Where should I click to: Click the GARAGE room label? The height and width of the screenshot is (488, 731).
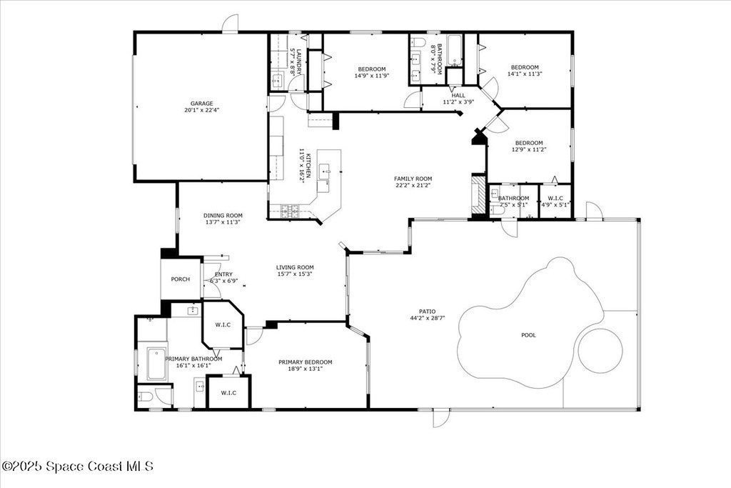201,104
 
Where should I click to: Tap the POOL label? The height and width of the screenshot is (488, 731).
528,335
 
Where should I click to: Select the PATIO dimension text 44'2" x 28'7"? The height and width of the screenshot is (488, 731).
428,318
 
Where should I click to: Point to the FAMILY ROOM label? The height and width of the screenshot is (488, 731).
413,179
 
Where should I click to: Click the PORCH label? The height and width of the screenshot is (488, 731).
181,279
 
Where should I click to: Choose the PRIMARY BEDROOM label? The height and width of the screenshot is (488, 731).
306,362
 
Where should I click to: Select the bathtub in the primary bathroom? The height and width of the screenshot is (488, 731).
156,364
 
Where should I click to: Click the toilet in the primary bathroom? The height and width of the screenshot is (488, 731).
146,397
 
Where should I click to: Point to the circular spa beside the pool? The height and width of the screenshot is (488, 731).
600,350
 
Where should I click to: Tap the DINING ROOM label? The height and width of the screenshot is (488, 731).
223,216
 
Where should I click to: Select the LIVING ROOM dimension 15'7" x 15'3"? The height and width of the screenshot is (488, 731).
295,274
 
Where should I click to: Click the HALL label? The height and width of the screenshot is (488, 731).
458,95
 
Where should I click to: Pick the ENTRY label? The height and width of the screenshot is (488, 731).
223,274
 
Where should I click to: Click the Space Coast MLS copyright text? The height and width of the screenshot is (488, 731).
77,466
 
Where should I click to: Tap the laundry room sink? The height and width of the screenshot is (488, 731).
277,80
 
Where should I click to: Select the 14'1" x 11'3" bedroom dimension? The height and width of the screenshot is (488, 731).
525,74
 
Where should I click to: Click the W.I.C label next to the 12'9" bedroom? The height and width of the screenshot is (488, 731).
555,199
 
